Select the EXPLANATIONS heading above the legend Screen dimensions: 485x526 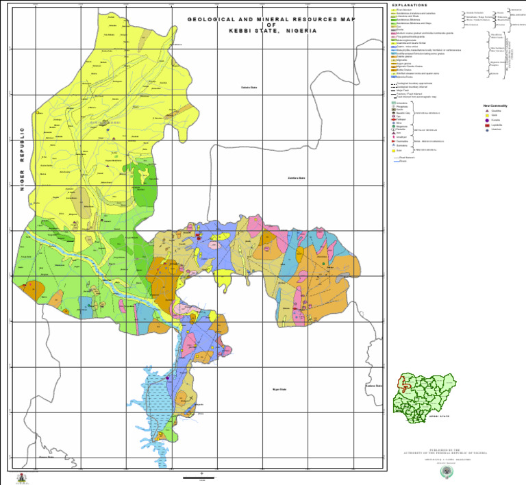[x=410, y=5]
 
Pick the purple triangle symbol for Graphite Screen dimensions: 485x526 [x=486, y=110]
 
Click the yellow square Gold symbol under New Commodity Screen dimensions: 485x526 [x=486, y=115]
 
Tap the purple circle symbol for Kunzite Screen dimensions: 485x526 [x=486, y=120]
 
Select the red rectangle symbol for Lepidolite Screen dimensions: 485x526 [x=486, y=125]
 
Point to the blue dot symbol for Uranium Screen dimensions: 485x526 [x=486, y=129]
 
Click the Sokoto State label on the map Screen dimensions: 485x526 [x=249, y=88]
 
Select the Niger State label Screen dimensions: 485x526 [x=279, y=389]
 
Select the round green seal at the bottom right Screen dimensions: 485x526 [x=449, y=472]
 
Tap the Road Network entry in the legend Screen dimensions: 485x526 [x=406, y=157]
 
